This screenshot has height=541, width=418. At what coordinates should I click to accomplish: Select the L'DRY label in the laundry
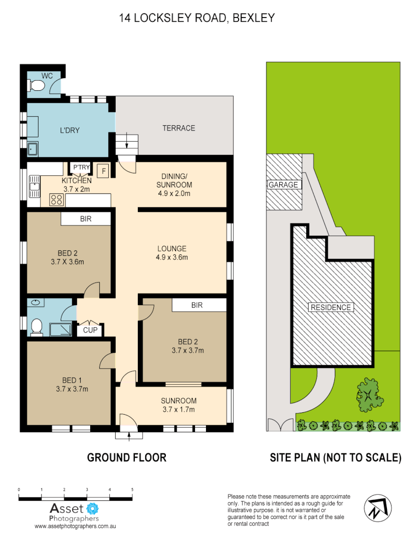(70, 130)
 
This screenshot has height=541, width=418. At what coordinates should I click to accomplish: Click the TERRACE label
(178, 128)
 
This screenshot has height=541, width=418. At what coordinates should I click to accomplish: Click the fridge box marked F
(103, 171)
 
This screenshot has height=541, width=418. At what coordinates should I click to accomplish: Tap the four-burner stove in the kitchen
(56, 200)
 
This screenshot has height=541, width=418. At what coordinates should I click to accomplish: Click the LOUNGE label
(171, 248)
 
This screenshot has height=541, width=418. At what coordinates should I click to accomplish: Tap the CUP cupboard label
(90, 331)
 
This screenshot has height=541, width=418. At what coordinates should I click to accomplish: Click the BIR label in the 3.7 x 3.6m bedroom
(86, 219)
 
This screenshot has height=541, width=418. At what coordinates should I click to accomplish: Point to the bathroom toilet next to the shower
(36, 327)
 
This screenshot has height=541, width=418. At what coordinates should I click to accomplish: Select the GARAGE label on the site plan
(283, 184)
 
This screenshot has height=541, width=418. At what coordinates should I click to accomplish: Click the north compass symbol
(376, 507)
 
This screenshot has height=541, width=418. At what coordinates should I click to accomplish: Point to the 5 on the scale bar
(132, 489)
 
